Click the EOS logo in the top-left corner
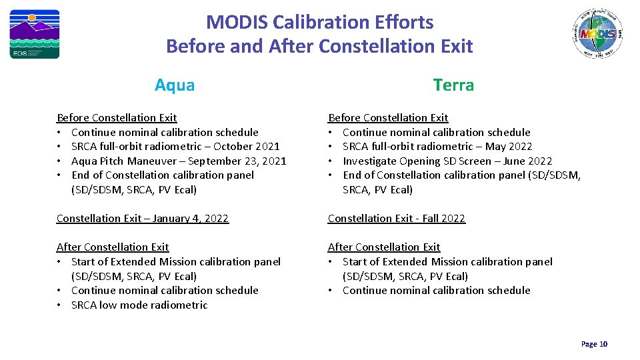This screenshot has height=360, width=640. point(34,34)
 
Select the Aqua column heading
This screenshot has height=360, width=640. point(175,85)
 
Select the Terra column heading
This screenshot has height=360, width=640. point(453,85)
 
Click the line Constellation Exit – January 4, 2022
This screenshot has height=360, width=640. point(143,219)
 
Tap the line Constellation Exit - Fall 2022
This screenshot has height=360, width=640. point(397,219)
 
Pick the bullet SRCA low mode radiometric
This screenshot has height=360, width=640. point(139,305)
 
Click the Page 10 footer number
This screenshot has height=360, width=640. point(594,344)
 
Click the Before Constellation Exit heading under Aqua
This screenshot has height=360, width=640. point(117,118)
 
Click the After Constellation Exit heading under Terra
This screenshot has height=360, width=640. point(384,247)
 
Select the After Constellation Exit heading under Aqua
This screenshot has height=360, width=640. point(113,247)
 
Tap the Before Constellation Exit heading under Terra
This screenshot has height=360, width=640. point(388,118)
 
